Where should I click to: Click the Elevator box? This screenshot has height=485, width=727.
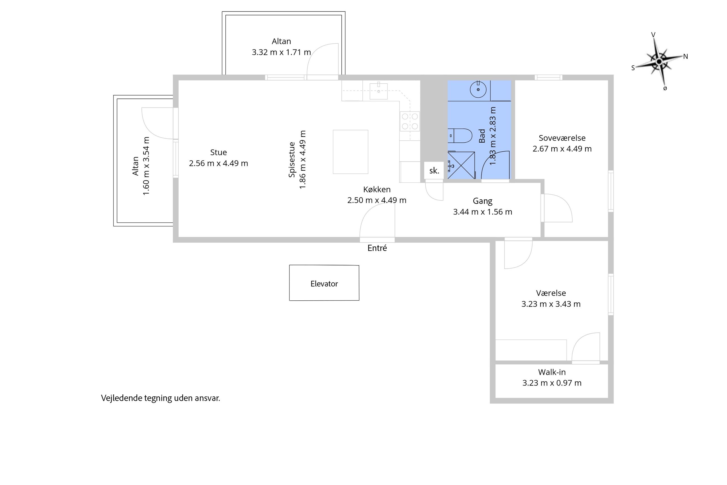tap(324, 283)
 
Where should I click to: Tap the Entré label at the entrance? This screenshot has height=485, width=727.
tap(377, 248)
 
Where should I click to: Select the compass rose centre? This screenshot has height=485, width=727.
tap(659, 62)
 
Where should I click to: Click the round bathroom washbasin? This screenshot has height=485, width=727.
tap(478, 90)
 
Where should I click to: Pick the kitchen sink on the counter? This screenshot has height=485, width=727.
tap(379, 91)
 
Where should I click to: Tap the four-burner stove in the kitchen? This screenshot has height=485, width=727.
tap(410, 121)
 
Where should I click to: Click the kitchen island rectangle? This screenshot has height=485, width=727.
tap(350, 152)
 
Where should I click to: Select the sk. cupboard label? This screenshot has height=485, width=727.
tap(434, 171)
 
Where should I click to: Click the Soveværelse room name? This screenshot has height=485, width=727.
tap(562, 138)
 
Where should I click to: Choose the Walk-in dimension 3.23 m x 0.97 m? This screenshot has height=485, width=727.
tap(552, 383)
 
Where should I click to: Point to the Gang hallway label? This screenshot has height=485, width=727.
tap(482, 201)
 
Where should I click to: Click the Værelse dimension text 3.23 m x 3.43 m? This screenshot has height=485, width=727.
tap(551, 304)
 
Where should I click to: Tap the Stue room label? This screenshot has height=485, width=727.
tap(219, 152)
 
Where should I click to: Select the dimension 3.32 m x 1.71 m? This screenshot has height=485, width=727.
tap(281, 52)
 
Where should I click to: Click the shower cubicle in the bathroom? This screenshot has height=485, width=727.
tap(461, 165)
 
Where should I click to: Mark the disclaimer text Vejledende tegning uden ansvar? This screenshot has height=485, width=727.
tap(160, 398)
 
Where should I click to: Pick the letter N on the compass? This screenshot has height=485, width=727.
tap(686, 56)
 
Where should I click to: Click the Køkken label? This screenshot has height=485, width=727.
tap(377, 189)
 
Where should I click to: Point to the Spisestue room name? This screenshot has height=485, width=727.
tap(292, 160)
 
